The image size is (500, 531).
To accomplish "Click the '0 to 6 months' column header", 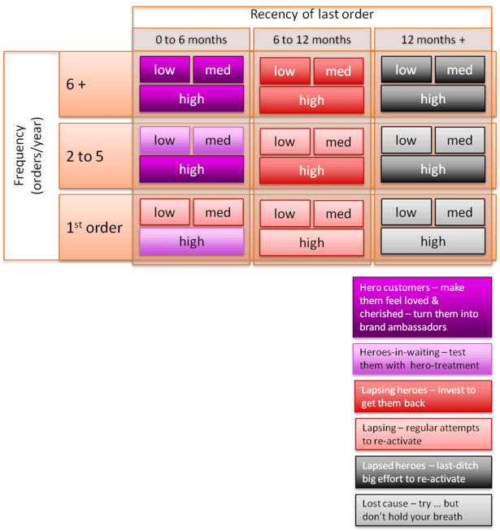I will [191, 39].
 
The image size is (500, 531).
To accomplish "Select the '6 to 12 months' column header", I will [311, 39].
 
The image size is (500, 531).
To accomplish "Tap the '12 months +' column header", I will [433, 39].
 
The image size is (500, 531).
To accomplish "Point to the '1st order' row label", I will [95, 227].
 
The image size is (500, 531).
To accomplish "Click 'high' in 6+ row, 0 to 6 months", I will [191, 99].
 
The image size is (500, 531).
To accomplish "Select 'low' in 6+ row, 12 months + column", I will [406, 70].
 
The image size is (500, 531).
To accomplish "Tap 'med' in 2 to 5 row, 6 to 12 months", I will [338, 142].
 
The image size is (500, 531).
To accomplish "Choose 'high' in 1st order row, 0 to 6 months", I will [191, 242].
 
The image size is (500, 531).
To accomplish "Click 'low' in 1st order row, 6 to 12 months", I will [285, 214].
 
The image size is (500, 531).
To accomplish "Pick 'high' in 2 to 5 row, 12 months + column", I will [433, 170].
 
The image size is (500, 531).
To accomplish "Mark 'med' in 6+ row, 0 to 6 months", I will [218, 70].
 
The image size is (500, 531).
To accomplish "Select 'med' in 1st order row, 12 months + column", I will [459, 212].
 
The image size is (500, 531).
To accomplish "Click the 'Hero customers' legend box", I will [423, 307].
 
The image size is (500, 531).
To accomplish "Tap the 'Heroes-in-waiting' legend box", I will [423, 359].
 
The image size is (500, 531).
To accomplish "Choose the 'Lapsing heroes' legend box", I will [423, 396].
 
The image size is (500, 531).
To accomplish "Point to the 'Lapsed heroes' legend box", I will [423, 472].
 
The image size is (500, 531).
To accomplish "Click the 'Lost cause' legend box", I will [423, 510].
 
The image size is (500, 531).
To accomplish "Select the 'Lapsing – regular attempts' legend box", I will [423, 434].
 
